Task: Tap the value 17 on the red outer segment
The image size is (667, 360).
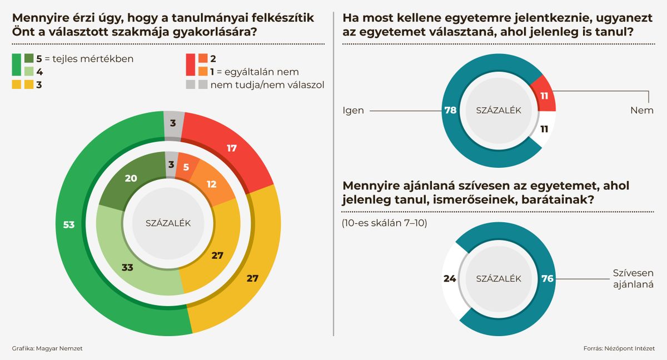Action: point(232,148)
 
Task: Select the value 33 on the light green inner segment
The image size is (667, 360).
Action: point(127,267)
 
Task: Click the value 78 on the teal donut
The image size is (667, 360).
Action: point(450,111)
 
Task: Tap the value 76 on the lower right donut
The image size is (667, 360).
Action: point(547,278)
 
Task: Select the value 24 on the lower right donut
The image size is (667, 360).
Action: point(450,278)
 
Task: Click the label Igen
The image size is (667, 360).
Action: point(353,111)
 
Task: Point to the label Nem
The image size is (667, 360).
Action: point(641,111)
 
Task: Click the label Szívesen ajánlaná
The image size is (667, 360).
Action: point(633,279)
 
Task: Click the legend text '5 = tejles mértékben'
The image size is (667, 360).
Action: point(84,58)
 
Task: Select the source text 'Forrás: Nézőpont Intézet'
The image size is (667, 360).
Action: point(619,348)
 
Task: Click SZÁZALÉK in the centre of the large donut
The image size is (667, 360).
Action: point(168,223)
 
